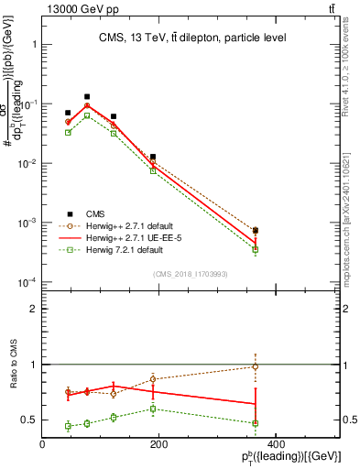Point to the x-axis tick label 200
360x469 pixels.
pos(158,444)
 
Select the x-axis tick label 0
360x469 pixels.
pos(43,444)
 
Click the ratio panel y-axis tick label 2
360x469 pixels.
pos(33,309)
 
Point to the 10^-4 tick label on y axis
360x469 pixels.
pos(26,282)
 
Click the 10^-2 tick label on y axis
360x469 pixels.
pos(26,163)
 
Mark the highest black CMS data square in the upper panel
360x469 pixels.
pos(87,96)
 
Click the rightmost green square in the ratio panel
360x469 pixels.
pos(256,423)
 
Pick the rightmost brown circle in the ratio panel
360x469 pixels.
pos(256,366)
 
